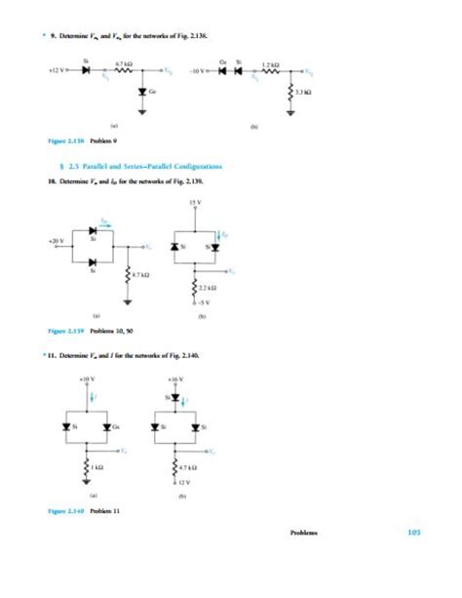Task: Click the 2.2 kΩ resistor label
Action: [206, 289]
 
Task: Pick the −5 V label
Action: [195, 304]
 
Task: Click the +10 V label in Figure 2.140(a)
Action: [87, 377]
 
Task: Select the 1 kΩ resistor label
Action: [98, 467]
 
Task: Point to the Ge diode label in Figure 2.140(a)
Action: [118, 426]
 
